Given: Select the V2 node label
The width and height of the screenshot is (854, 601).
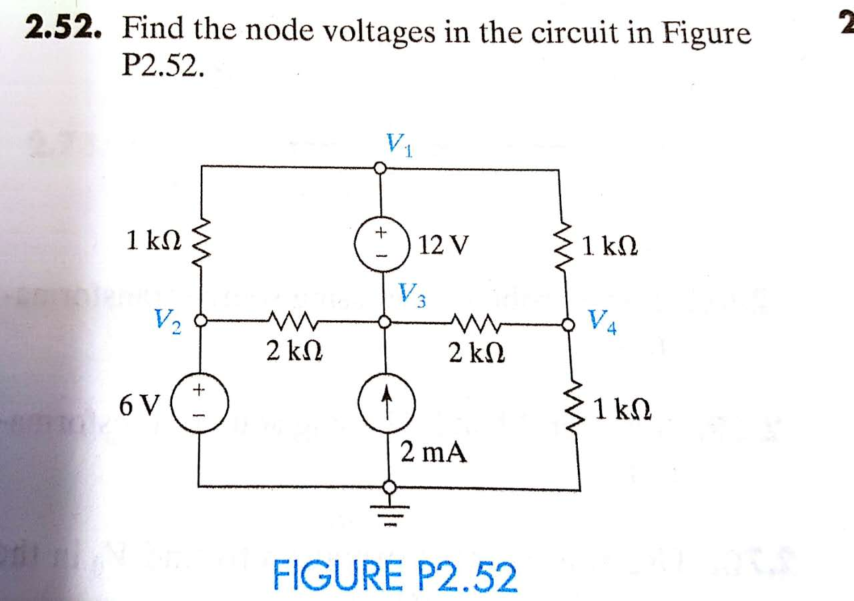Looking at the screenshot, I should [167, 322].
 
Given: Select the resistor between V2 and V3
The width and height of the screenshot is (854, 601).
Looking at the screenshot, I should [293, 322].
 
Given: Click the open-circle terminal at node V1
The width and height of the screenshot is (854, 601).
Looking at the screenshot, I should [380, 169].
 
